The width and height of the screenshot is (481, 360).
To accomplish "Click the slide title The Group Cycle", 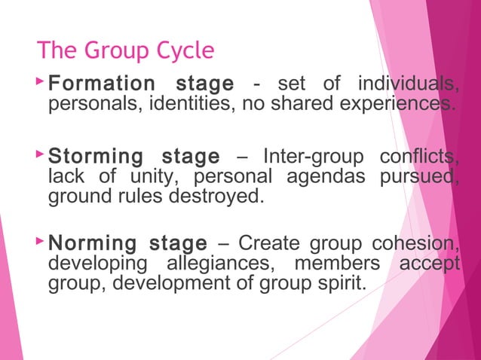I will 126,51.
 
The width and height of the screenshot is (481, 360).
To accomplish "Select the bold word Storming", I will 96,157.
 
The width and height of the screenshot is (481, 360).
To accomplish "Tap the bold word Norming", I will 92,244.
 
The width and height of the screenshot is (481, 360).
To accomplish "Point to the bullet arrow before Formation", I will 39,80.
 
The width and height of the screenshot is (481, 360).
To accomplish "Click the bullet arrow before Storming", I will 39,154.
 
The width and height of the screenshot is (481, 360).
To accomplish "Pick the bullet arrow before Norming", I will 39,242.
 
